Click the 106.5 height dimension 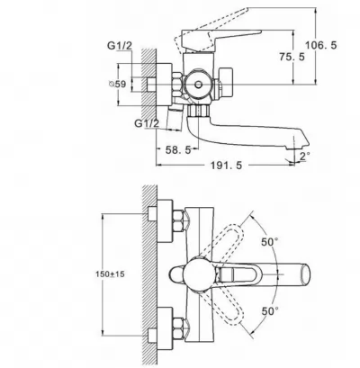[321, 45]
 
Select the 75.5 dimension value [292, 57]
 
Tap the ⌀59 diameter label [117, 85]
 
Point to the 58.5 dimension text [178, 150]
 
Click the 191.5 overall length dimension [226, 166]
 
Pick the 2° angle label [304, 156]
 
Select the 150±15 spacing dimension [110, 274]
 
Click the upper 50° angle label [269, 242]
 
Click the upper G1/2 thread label [120, 46]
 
